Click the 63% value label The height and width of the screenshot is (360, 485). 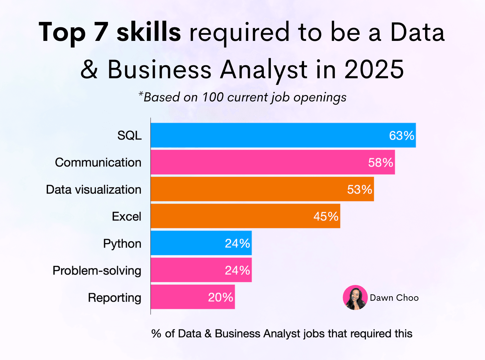401,136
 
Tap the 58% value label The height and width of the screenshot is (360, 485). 380,163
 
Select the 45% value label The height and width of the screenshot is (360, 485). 326,216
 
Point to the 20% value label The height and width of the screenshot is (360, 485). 220,297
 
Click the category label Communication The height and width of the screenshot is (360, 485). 98,163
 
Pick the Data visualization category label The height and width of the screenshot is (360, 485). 93,190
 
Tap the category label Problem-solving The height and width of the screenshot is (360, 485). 97,271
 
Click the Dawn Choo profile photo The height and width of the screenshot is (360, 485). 355,298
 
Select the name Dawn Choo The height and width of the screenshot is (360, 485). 394,298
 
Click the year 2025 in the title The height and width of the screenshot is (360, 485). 374,69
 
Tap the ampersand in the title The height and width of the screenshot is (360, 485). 89,69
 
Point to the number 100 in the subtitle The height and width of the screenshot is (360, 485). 213,97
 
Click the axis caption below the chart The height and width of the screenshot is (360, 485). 282,334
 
